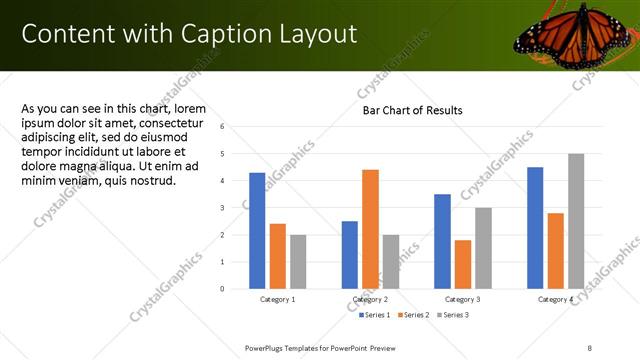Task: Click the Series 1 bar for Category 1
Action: click(257, 230)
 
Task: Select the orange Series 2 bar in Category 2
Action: click(370, 229)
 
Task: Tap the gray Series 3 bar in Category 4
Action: click(575, 221)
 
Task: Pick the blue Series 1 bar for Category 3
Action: click(442, 241)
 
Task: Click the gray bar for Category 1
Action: click(298, 261)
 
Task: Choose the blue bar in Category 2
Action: click(350, 255)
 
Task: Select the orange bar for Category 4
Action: click(555, 250)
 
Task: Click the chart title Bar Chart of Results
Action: click(412, 109)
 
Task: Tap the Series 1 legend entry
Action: click(376, 315)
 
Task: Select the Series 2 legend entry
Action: click(414, 315)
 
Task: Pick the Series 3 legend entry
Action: click(451, 315)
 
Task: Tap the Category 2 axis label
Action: click(370, 299)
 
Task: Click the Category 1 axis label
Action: click(277, 299)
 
